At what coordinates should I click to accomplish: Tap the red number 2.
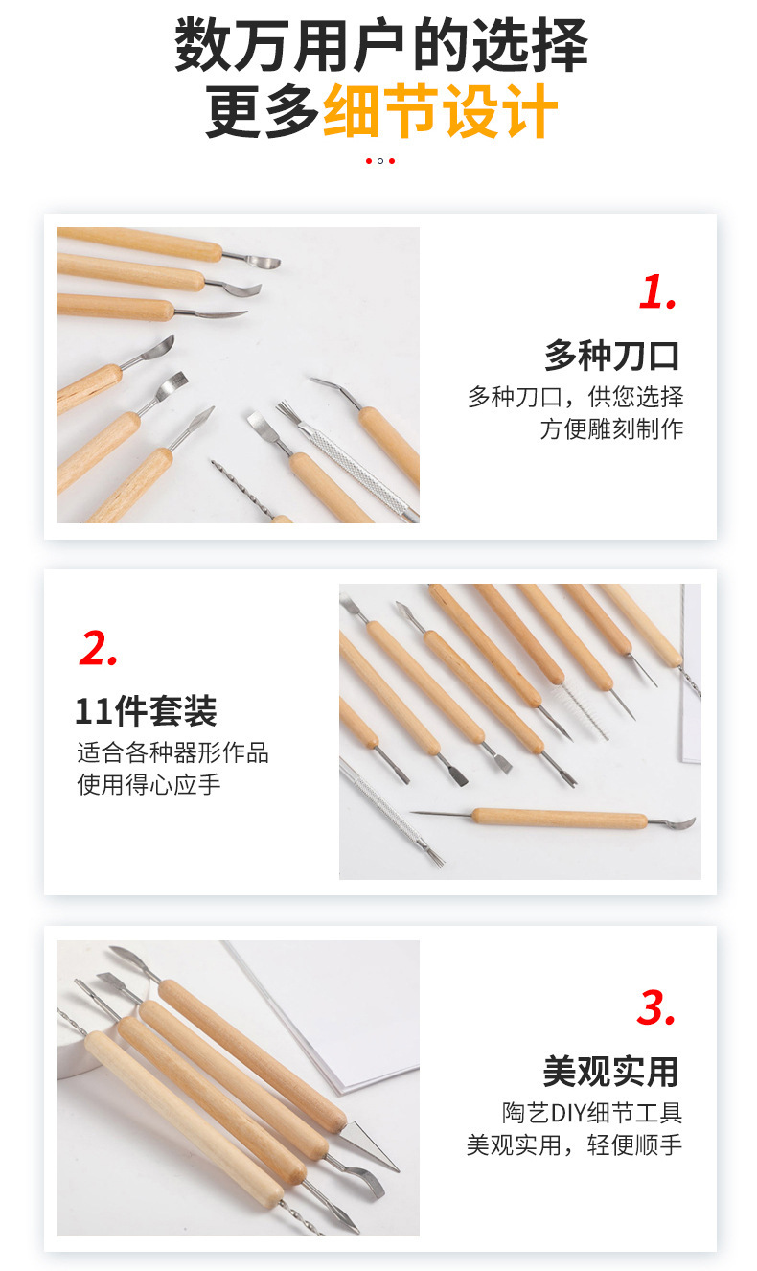98,649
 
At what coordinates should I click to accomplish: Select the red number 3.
657,1007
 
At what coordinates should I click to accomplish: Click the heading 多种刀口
612,356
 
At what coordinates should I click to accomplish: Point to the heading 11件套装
146,711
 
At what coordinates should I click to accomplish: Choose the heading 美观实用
612,1071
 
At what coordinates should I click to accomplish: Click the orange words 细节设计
441,111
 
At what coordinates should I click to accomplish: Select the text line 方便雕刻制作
611,428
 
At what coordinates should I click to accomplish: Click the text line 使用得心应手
149,784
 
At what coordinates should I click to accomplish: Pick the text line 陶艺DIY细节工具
592,1113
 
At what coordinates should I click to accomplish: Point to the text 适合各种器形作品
172,752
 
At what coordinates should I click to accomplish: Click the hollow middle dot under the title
380,161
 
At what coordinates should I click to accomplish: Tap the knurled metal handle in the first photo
356,461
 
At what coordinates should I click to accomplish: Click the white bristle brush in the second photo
585,709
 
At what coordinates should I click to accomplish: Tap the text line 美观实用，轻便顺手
574,1144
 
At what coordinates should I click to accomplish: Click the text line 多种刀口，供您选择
575,397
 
